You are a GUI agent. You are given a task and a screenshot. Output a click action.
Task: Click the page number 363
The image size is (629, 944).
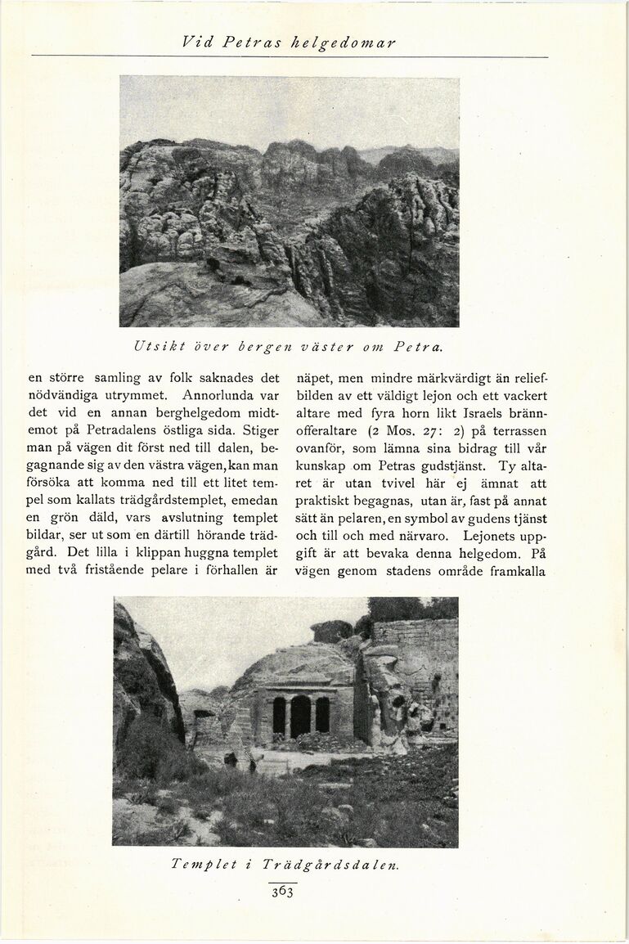tap(282, 891)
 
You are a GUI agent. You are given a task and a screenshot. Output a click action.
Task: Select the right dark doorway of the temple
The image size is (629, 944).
tap(322, 715)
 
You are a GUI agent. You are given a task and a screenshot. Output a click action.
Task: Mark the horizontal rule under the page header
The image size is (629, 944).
tap(290, 56)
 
